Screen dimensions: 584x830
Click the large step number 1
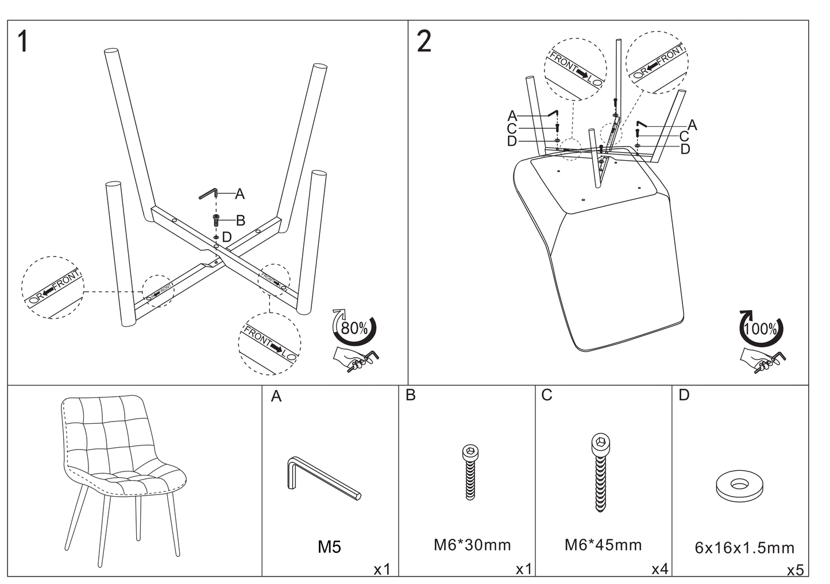[x=23, y=42]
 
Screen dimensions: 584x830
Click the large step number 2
[x=424, y=42]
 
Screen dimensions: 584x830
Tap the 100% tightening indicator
[x=761, y=328]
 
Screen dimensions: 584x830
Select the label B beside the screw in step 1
[x=241, y=220]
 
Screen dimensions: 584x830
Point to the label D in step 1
[x=226, y=237]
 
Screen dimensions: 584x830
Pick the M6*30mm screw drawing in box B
[x=470, y=472]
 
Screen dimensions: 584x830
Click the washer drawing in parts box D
[x=741, y=485]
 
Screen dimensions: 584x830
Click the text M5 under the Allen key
[x=329, y=547]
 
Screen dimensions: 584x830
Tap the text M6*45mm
[x=603, y=545]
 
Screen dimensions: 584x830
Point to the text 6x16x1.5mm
[x=744, y=548]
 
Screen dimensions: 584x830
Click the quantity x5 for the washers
[x=796, y=570]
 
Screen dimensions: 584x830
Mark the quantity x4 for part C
[x=659, y=569]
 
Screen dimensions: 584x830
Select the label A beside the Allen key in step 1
[x=240, y=195]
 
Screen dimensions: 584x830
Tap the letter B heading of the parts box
[x=410, y=395]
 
